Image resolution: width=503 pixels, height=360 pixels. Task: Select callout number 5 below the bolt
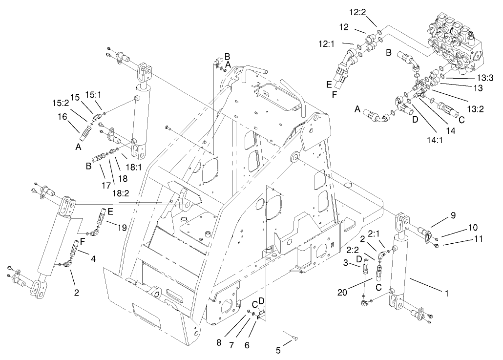(x=279, y=350)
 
